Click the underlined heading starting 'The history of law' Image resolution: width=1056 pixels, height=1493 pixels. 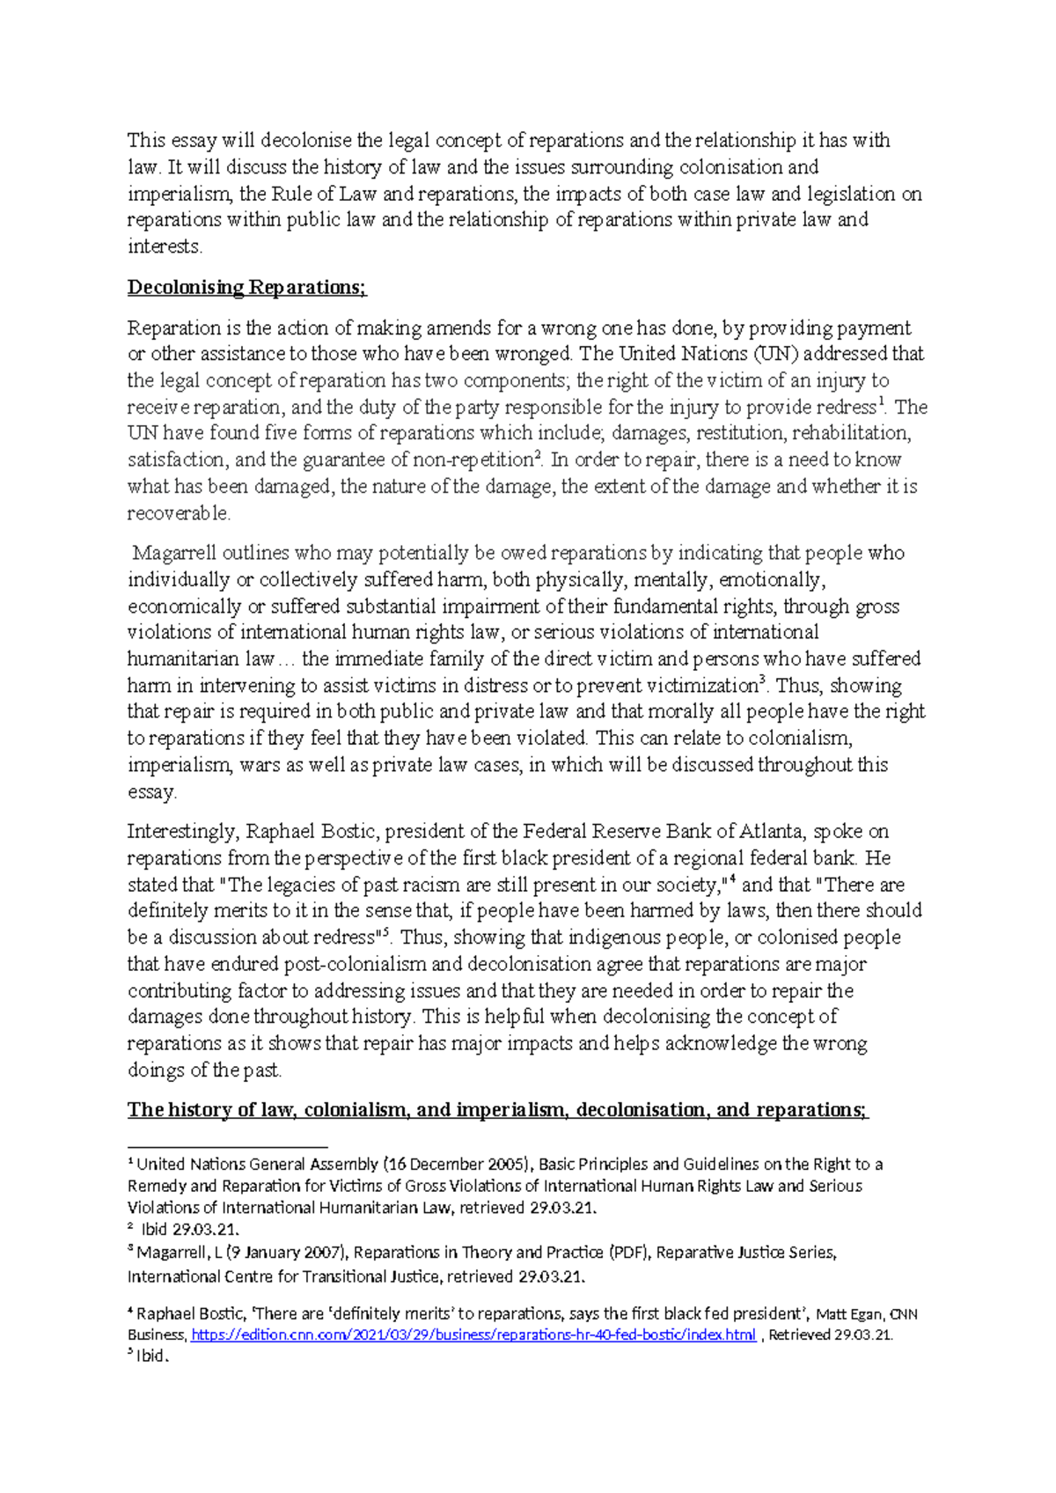(x=497, y=1110)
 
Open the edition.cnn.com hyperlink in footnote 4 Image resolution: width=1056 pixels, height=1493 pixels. (x=473, y=1335)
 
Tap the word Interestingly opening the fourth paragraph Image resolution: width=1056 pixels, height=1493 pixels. (x=183, y=832)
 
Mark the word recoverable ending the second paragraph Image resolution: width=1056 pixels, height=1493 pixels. (x=178, y=513)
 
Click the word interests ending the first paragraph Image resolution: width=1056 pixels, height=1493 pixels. (x=164, y=246)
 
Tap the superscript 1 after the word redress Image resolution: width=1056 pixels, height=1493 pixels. (x=883, y=402)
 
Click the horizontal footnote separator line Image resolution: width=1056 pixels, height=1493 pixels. (x=228, y=1147)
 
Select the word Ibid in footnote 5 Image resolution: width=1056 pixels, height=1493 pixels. (x=150, y=1357)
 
